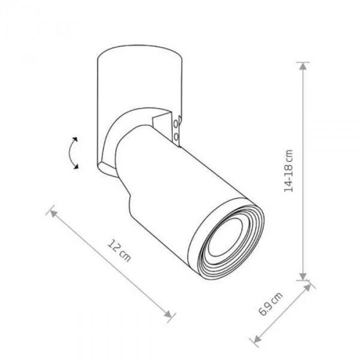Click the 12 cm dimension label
(119, 250)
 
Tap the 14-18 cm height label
(289, 171)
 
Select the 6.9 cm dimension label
(270, 304)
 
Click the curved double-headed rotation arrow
(73, 153)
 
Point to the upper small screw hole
(176, 124)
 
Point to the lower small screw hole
(176, 137)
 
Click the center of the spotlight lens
(225, 237)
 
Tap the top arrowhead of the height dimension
(303, 66)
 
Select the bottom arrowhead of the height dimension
(303, 276)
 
